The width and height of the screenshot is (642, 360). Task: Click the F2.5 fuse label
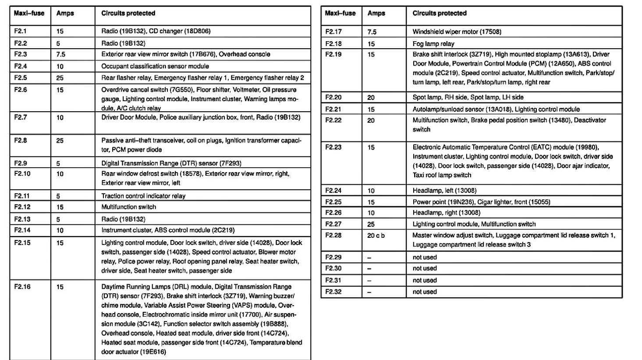21,78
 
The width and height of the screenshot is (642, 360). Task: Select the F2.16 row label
22,287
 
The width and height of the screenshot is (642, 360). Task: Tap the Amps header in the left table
65,14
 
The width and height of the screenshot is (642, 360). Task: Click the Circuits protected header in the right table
440,14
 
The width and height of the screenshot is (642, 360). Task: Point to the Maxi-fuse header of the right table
340,14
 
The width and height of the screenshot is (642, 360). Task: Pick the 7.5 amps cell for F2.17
372,32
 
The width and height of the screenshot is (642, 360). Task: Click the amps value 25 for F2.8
60,141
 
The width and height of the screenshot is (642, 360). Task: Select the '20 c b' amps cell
376,236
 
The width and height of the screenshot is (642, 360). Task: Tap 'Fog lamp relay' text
433,44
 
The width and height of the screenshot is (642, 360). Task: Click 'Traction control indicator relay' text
143,196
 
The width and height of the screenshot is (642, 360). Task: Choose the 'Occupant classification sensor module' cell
155,67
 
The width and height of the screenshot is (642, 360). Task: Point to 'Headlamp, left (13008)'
444,191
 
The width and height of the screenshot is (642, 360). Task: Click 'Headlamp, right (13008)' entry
446,213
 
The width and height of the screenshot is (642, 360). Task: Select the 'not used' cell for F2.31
425,280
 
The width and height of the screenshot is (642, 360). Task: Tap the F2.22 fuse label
333,120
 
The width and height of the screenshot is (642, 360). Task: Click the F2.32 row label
333,292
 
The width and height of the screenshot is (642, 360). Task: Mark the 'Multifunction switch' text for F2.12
128,207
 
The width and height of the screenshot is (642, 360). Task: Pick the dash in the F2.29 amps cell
369,258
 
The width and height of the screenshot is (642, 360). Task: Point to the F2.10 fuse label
22,174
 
